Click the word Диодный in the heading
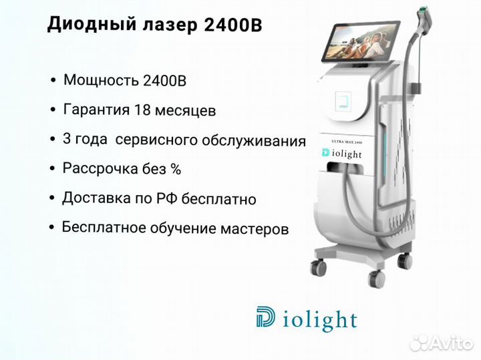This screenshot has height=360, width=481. (92, 25)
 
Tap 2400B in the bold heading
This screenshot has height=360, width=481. (233, 25)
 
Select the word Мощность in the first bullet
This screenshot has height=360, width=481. (101, 80)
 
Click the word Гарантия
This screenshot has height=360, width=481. (96, 110)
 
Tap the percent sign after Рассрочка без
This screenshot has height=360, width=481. (176, 169)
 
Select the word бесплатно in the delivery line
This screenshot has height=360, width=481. (218, 199)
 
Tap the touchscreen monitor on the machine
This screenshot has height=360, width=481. (360, 41)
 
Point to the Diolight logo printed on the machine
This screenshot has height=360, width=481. (342, 154)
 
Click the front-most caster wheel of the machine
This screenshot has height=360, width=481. (376, 279)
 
